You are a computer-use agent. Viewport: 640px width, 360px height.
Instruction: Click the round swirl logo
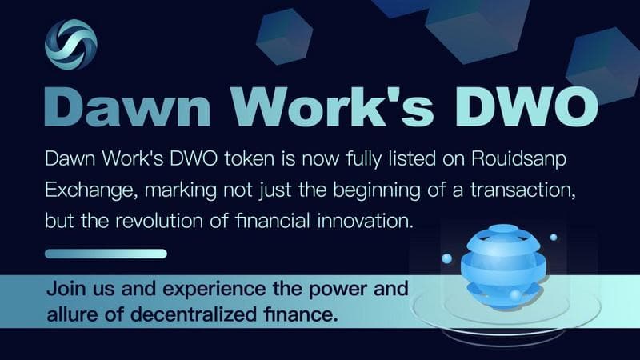point(71,42)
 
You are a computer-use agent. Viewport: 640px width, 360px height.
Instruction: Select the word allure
point(71,313)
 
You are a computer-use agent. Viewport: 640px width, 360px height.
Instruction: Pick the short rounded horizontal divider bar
point(106,254)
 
